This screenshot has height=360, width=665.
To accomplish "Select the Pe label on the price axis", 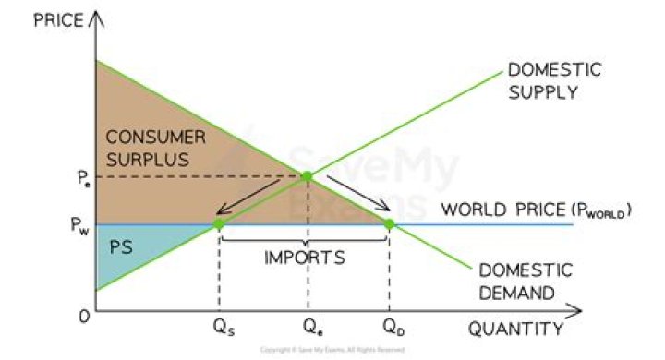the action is point(81,176).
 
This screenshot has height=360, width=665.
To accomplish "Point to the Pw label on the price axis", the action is point(81,224).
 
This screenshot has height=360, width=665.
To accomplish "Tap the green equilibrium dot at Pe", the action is point(307,175).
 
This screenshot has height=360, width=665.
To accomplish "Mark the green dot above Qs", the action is point(219,223).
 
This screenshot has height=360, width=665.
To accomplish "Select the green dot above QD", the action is point(389,223).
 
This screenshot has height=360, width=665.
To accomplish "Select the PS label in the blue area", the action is point(121,247).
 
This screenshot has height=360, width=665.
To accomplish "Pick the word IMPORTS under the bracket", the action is point(305,257).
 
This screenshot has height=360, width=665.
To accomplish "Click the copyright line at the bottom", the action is point(332,350).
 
